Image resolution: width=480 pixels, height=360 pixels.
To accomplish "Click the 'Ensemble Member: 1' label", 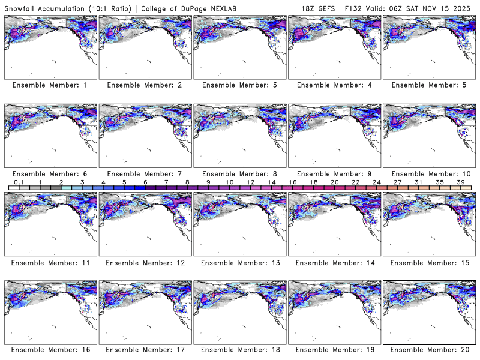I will click(50, 85).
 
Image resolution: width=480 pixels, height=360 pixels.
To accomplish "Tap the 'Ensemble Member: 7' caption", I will click(145, 174).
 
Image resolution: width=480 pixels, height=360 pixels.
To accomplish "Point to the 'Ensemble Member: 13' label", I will click(239, 262).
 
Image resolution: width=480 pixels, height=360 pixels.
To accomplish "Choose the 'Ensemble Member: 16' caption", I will click(50, 349).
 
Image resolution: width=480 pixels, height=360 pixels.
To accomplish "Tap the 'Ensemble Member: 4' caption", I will click(334, 85).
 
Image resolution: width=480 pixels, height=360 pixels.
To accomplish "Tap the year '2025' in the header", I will click(463, 7).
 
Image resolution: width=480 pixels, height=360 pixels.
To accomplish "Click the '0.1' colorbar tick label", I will click(19, 182).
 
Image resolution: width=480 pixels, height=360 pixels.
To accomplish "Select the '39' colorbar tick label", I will click(460, 182).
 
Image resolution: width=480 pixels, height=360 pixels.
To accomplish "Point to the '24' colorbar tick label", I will click(376, 182).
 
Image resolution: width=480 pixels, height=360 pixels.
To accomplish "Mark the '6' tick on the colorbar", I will click(145, 182).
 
